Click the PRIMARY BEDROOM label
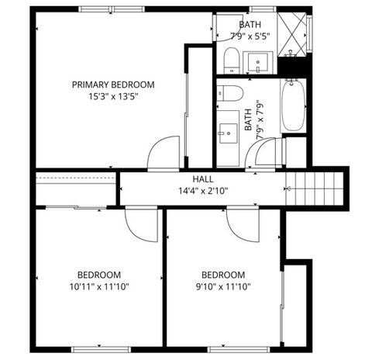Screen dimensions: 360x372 (113, 85)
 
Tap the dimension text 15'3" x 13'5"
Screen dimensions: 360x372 (113, 97)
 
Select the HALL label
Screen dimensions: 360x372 (192, 179)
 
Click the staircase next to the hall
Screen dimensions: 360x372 (313, 188)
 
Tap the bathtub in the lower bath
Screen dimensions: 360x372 (293, 106)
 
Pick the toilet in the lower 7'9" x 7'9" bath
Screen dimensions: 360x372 (230, 93)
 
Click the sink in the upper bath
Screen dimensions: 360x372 (257, 60)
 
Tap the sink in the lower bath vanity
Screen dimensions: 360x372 (229, 133)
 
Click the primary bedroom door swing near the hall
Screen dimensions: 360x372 (166, 153)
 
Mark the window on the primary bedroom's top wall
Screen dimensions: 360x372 (112, 9)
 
